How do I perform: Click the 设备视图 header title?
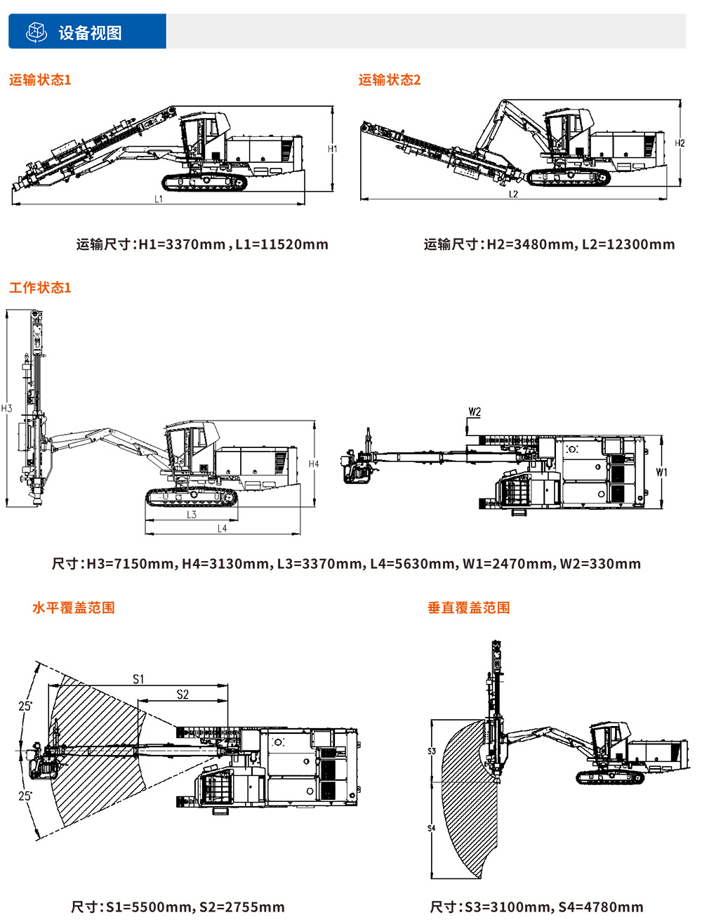pos(90,33)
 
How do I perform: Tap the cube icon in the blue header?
pos(36,32)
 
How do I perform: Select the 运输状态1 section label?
pos(40,80)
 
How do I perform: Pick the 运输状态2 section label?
pos(390,80)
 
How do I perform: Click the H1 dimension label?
pos(333,149)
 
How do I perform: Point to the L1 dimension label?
pos(159,199)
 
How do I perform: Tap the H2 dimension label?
pos(680,143)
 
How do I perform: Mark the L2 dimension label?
pos(513,195)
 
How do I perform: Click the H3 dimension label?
pos(7,409)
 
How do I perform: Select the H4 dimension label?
pos(314,464)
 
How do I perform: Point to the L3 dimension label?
pos(192,515)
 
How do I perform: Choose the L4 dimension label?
pos(222,529)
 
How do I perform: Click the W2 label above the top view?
pos(475,412)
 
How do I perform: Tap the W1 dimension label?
pos(661,473)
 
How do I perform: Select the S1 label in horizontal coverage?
pos(138,679)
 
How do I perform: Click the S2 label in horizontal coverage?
pos(183,694)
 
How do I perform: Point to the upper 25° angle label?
pos(25,706)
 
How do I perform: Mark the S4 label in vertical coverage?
pos(432,829)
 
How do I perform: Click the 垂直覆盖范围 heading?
pos(469,608)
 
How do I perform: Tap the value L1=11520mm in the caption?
pos(282,244)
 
